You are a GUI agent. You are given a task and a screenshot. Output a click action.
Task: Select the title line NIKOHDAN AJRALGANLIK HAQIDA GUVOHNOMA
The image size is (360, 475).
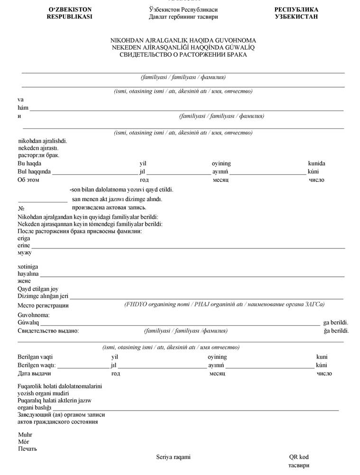pos(183,41)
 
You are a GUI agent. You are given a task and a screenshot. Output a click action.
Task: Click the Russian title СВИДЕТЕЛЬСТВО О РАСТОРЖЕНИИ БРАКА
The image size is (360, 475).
pos(183,55)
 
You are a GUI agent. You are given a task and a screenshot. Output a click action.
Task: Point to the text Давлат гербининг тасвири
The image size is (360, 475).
pos(183,17)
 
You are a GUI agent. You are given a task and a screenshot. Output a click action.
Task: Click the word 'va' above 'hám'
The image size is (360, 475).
pos(20,100)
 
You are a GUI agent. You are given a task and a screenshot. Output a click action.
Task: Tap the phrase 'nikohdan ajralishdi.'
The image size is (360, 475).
pos(42,141)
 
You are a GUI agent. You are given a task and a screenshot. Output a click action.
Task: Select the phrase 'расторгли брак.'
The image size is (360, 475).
pos(38,155)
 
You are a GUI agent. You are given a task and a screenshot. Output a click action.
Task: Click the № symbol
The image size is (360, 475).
pos(21,208)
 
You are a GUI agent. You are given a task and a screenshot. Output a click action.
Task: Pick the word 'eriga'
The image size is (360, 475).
pos(24,238)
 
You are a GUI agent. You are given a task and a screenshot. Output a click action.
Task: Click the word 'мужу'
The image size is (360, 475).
pos(24,253)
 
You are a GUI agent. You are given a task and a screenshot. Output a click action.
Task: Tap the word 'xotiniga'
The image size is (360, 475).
pos(28,267)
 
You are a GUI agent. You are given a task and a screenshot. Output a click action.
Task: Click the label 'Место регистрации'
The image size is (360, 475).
pos(43,305)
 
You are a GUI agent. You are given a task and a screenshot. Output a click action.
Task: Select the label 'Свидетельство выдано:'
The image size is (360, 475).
pos(48,331)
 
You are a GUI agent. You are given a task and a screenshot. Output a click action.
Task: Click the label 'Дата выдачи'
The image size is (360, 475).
pos(34,374)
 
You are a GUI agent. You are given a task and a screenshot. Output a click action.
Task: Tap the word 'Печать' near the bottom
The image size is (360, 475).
pos(28,448)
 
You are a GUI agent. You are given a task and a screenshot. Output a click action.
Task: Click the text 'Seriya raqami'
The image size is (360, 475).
pos(174,457)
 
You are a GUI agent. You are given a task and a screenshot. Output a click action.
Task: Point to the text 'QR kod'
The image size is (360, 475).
pos(299,457)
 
